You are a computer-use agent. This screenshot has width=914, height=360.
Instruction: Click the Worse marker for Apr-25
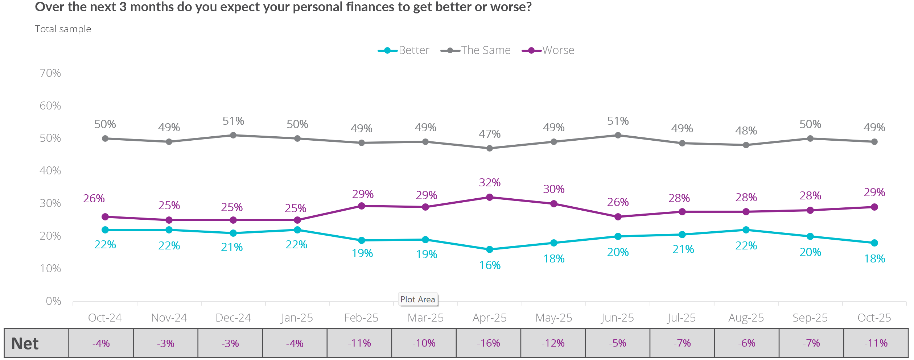[490, 197]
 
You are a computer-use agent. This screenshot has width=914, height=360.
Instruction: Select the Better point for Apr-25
[490, 249]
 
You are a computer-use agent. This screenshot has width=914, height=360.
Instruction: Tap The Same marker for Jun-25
[618, 135]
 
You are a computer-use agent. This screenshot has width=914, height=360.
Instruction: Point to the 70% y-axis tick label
[50, 73]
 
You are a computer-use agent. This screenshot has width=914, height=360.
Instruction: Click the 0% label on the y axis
[53, 301]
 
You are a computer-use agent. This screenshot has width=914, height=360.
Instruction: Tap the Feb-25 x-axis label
[361, 318]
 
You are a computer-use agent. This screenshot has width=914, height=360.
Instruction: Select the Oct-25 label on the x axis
[874, 318]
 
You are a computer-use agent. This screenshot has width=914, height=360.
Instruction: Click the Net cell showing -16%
[489, 343]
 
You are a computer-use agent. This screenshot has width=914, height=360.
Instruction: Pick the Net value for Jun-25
[618, 343]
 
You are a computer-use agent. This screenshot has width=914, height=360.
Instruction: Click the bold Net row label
[25, 344]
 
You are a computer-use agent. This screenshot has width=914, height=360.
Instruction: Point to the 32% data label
[490, 183]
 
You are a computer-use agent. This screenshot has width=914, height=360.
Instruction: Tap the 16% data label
[490, 265]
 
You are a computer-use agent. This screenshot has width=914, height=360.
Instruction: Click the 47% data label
[490, 134]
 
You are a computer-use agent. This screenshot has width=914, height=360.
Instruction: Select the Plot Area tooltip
[418, 299]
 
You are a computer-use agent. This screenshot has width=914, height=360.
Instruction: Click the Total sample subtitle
[63, 29]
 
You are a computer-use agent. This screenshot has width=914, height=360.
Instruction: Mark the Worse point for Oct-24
[105, 217]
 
